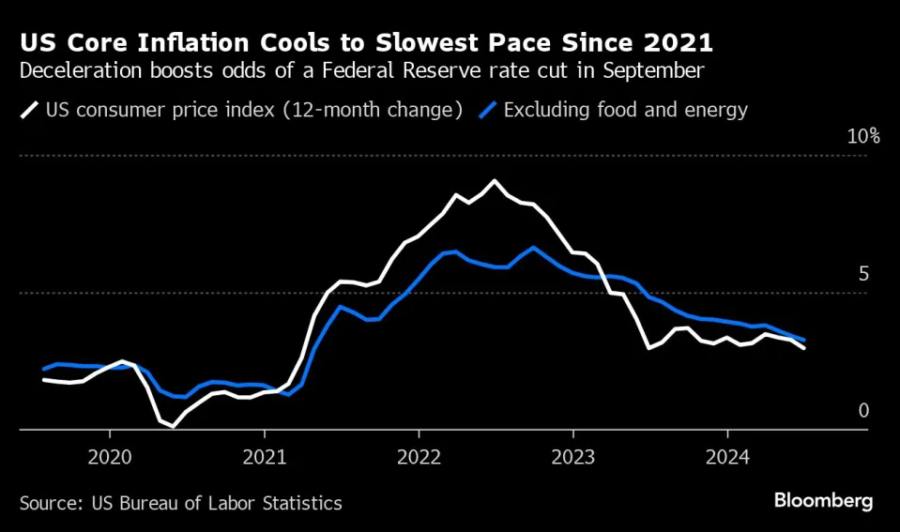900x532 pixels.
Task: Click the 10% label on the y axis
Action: pyautogui.click(x=863, y=137)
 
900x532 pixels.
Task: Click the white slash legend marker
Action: pyautogui.click(x=29, y=111)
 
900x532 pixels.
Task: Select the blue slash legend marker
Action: pyautogui.click(x=486, y=111)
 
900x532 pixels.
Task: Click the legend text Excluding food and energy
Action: pyautogui.click(x=625, y=111)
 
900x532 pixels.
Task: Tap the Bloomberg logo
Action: pyautogui.click(x=823, y=501)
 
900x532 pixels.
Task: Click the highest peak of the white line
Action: pyautogui.click(x=495, y=180)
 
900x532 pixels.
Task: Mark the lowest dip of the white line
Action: pyautogui.click(x=173, y=426)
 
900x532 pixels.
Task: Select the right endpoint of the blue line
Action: pyautogui.click(x=804, y=340)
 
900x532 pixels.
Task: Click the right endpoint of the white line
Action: pyautogui.click(x=804, y=348)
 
